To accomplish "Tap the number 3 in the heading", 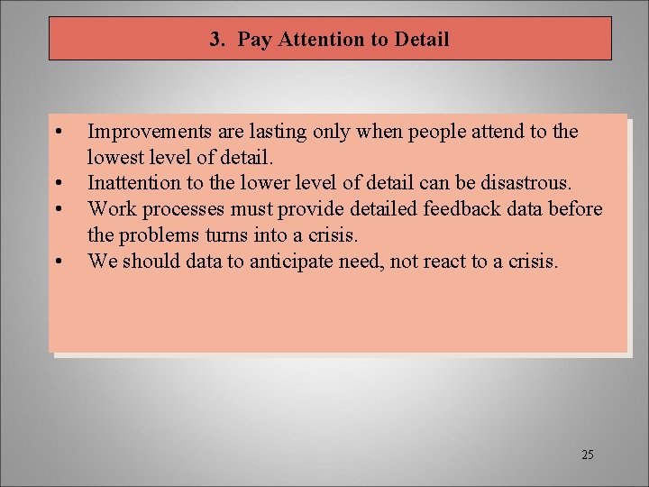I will click(215, 40).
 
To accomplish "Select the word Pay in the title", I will click(253, 40).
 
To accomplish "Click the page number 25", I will click(588, 455).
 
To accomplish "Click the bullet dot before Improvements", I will click(58, 133).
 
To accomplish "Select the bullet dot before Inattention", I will click(58, 184).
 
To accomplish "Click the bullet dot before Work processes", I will click(58, 210).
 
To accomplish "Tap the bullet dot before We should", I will click(58, 262).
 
